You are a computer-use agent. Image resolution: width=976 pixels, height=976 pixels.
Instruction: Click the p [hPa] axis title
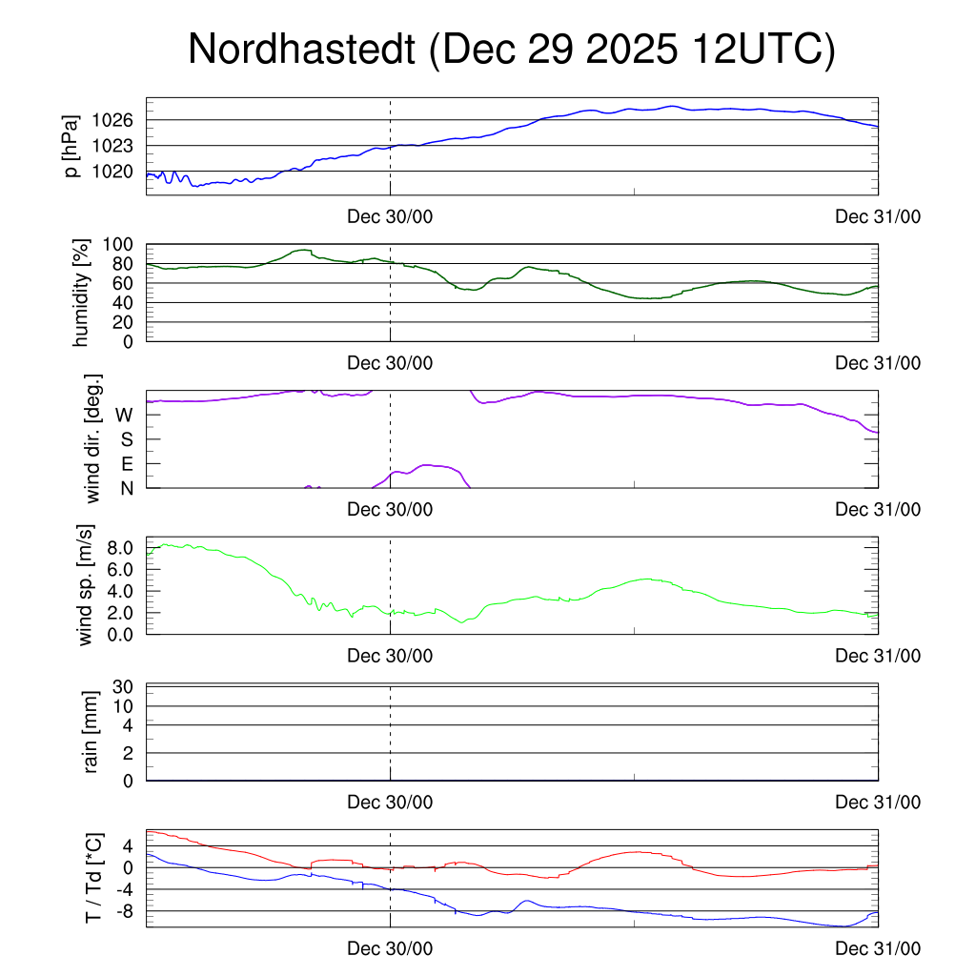click(x=71, y=146)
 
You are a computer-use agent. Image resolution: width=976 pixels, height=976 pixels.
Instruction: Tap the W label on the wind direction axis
click(x=124, y=415)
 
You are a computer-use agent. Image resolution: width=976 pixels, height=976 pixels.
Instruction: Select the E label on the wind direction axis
click(x=126, y=463)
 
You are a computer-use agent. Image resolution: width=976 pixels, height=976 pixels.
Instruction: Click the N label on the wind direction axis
click(x=126, y=488)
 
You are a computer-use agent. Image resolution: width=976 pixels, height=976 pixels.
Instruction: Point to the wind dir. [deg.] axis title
click(x=94, y=438)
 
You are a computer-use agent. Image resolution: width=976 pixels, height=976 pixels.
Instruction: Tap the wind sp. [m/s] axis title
click(x=88, y=584)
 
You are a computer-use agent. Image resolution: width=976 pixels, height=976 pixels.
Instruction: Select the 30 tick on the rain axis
click(x=122, y=686)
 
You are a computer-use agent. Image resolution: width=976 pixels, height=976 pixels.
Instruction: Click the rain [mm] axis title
click(x=92, y=731)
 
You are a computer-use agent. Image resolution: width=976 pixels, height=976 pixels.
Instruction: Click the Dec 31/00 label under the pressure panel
click(x=878, y=217)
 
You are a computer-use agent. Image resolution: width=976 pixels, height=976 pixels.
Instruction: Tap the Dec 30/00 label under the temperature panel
click(x=390, y=948)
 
